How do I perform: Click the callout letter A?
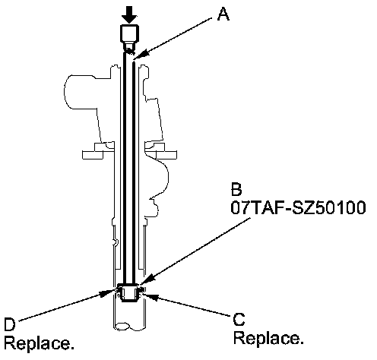click(x=223, y=14)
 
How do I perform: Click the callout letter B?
click(x=236, y=189)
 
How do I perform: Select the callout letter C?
click(x=239, y=319)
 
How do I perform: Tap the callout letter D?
click(x=10, y=324)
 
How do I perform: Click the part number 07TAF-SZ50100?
click(x=298, y=208)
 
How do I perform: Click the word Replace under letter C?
click(x=268, y=339)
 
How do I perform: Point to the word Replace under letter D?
click(x=40, y=343)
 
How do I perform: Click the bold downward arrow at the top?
click(x=129, y=14)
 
